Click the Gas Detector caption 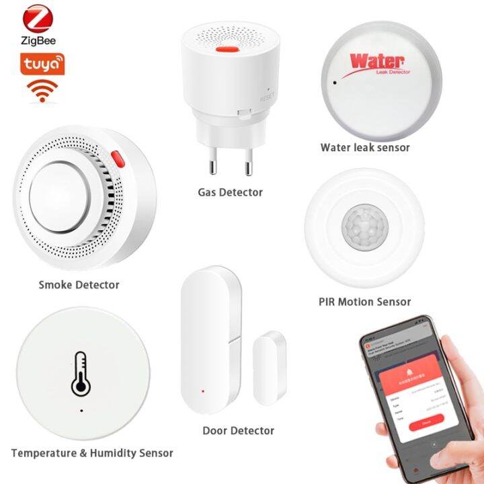(x=230, y=192)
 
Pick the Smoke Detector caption (x=79, y=284)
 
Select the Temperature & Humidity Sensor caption (x=92, y=453)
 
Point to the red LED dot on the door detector (x=202, y=391)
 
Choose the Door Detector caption (x=239, y=430)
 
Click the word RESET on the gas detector (x=268, y=99)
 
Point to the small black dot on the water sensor (x=334, y=84)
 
